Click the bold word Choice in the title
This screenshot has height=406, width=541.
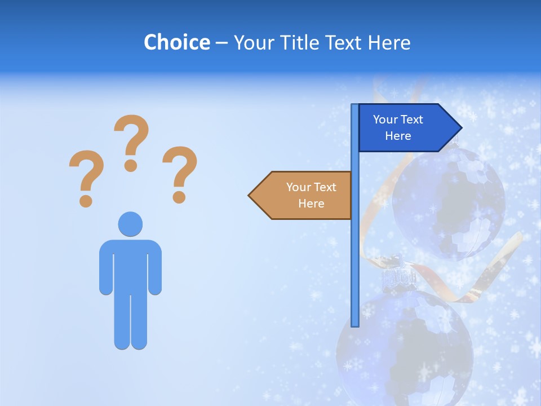point(176,42)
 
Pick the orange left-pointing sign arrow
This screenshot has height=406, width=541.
point(304,195)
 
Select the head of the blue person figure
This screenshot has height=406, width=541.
point(130,224)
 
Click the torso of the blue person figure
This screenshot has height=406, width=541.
point(130,265)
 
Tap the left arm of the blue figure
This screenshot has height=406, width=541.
point(106,268)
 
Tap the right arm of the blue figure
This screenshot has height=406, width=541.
point(155,268)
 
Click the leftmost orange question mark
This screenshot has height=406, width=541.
point(86,172)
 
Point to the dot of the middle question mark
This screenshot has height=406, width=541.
point(131,165)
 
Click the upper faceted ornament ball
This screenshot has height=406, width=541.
point(448,203)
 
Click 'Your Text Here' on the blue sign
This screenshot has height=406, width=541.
point(398,127)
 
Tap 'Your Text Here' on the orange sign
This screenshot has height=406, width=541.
point(311,195)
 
